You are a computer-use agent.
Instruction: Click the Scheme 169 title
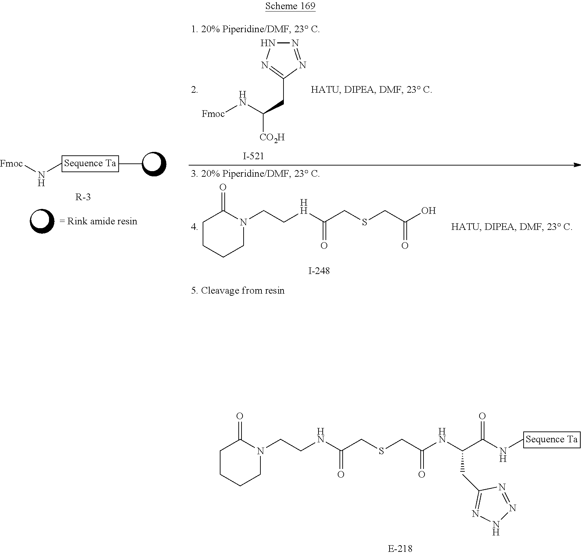click(x=290, y=6)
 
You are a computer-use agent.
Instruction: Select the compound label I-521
click(x=253, y=156)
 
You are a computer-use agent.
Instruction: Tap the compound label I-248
click(x=319, y=271)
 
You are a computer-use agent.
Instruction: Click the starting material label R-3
click(x=83, y=197)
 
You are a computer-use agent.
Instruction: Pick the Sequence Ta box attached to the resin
click(x=90, y=163)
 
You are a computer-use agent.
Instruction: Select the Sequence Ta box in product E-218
click(x=552, y=439)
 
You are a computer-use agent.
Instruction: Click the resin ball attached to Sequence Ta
click(x=154, y=164)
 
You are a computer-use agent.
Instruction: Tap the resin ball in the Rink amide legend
click(x=42, y=221)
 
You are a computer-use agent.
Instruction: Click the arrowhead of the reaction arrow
click(x=577, y=164)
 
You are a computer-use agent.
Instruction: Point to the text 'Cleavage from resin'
click(x=243, y=290)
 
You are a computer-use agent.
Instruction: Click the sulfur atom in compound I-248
click(x=364, y=222)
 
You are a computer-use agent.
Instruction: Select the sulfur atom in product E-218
click(x=381, y=451)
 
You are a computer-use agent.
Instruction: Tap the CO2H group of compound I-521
click(x=272, y=138)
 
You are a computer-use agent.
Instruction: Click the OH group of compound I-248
click(x=428, y=211)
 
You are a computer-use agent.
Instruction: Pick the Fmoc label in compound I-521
click(x=213, y=114)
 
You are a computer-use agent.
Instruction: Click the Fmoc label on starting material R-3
click(x=11, y=163)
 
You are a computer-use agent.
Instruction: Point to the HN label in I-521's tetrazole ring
click(x=267, y=43)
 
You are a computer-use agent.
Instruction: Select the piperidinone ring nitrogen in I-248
click(x=244, y=222)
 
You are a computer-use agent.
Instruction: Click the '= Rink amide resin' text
click(x=98, y=221)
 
